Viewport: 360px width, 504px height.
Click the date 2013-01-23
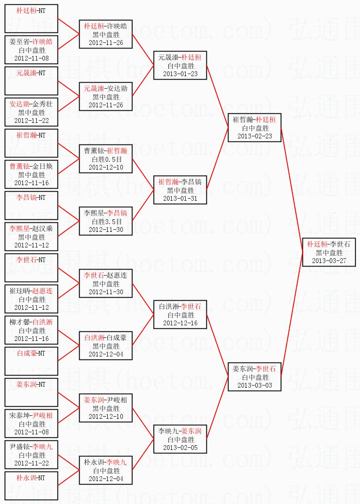click(x=180, y=74)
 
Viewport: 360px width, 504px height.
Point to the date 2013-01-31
click(x=180, y=198)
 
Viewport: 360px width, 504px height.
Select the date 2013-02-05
click(x=180, y=447)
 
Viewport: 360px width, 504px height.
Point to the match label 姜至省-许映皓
click(x=31, y=42)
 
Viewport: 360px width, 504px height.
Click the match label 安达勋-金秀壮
click(x=31, y=104)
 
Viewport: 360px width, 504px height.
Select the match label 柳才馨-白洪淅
click(x=31, y=322)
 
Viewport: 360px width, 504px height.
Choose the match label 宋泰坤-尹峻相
click(x=31, y=415)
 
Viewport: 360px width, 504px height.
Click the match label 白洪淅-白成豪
click(x=106, y=337)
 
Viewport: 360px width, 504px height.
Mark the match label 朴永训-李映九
click(x=106, y=462)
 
